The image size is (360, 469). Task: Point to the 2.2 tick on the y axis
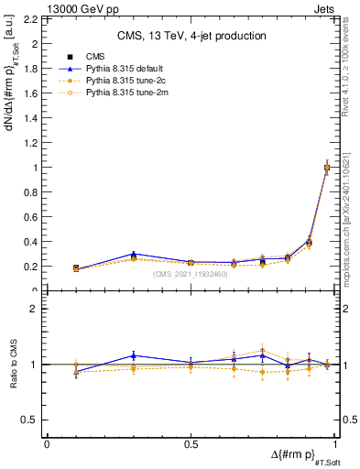[x=32, y=18]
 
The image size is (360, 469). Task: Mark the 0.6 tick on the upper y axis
[x=32, y=217]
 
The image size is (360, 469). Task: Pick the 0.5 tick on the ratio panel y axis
[x=32, y=420]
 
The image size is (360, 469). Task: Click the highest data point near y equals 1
[x=327, y=168]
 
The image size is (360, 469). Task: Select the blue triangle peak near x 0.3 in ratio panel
[x=134, y=355]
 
